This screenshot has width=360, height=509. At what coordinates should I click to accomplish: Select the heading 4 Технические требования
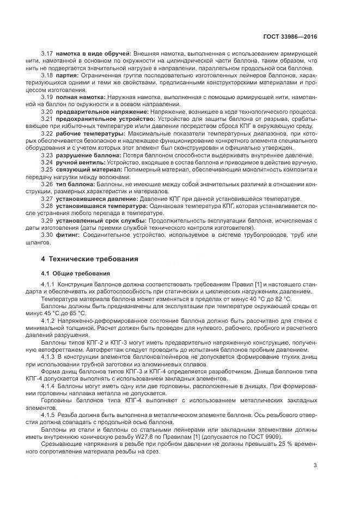(x=90, y=259)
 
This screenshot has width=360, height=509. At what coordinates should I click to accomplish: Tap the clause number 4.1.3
(x=48, y=341)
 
